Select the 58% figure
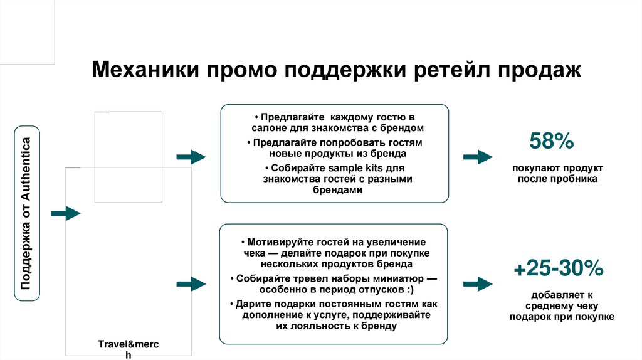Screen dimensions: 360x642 coord(551,141)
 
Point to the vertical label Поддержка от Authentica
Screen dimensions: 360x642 coord(27,213)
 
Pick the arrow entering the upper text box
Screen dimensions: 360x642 coord(190,157)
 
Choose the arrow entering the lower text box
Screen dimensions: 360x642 coord(190,283)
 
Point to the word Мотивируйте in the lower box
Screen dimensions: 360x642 coord(278,241)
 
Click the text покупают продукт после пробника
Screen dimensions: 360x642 coord(557,174)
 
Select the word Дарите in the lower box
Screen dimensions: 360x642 coord(251,304)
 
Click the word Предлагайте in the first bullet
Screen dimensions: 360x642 coord(292,117)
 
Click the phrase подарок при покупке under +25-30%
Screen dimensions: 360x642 coord(561,317)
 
